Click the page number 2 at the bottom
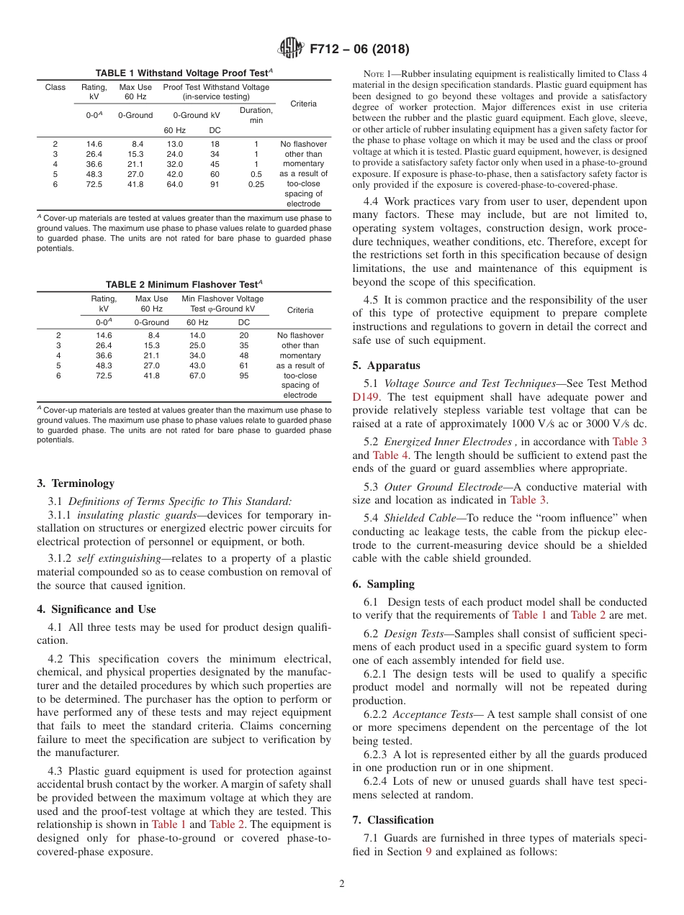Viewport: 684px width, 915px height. pos(342,883)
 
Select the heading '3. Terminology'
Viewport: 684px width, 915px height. pos(75,483)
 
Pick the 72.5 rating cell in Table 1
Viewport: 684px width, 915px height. pos(94,184)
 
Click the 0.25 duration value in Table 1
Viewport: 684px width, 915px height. pos(256,184)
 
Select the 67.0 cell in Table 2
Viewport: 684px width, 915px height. pos(197,375)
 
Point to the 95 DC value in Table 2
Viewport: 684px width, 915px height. pos(244,375)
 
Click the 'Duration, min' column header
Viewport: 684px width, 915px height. pos(256,115)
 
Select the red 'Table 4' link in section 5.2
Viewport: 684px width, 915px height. pos(386,455)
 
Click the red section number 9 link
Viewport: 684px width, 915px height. pos(428,851)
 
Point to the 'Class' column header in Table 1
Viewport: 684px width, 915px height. pos(55,88)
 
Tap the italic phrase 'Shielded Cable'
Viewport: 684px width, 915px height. pos(413,517)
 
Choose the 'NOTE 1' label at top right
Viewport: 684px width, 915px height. pos(378,74)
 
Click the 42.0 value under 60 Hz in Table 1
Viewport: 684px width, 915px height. pos(175,174)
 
